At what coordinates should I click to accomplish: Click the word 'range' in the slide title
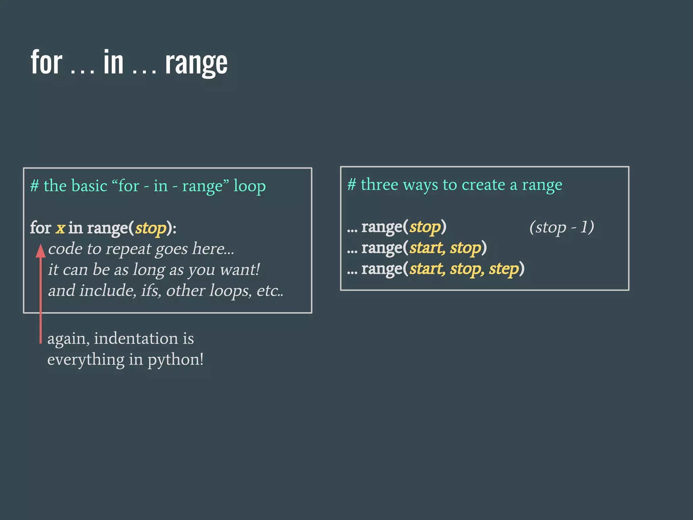click(x=196, y=64)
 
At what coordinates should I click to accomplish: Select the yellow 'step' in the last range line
click(x=504, y=269)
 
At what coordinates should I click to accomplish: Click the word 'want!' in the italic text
click(x=240, y=270)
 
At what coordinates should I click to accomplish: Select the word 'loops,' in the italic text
click(x=230, y=291)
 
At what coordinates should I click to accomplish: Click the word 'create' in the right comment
click(x=483, y=185)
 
